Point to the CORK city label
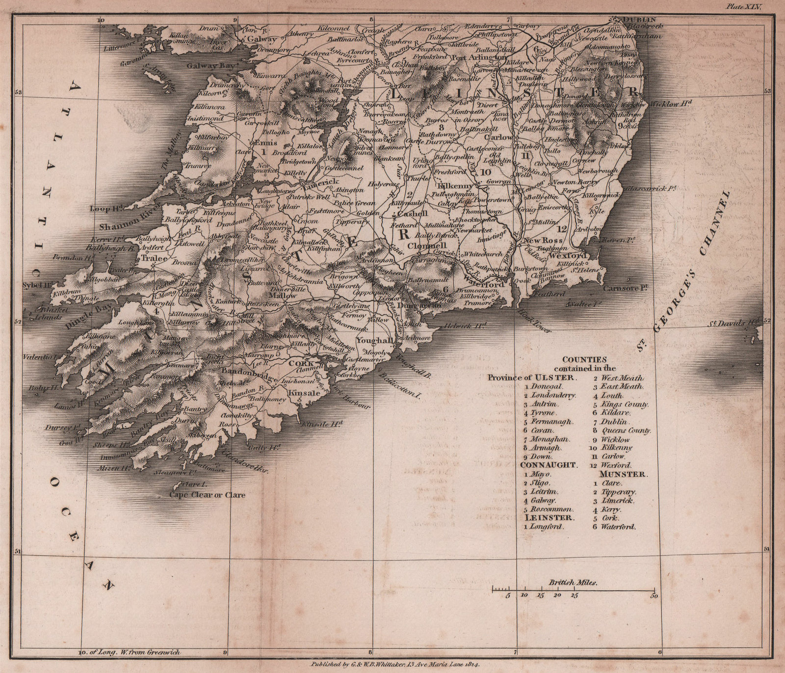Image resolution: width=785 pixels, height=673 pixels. [302, 363]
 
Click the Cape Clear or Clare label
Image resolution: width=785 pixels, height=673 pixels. [207, 495]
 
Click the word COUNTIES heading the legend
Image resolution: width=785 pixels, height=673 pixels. [584, 359]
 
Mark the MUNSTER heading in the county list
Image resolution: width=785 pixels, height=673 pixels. [622, 474]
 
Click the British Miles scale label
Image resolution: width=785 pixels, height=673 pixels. [573, 583]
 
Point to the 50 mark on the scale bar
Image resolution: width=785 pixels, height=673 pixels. [653, 596]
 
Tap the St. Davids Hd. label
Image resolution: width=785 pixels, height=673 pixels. [733, 323]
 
